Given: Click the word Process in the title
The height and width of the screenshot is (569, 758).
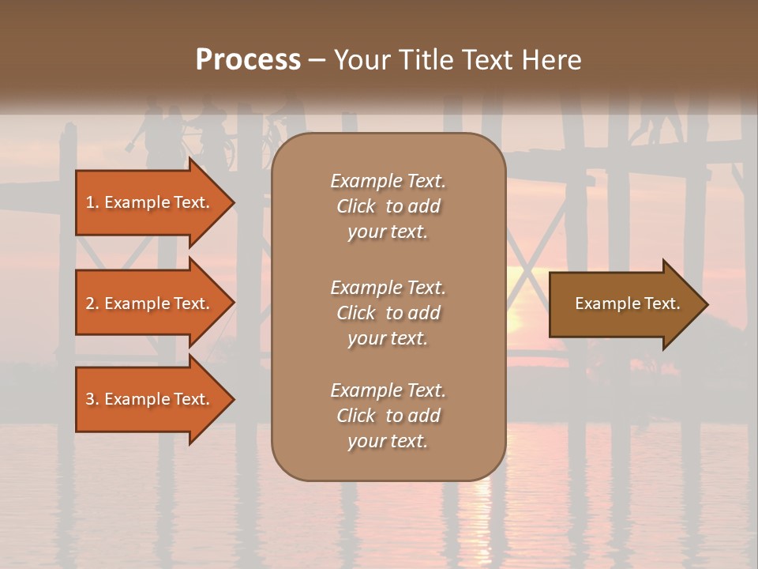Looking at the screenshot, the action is click(x=248, y=60).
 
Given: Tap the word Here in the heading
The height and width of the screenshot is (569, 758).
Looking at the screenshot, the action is click(x=550, y=60).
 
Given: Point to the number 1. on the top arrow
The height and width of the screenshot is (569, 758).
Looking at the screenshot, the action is click(x=92, y=202).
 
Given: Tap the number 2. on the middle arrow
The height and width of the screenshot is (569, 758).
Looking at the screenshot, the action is click(x=92, y=303).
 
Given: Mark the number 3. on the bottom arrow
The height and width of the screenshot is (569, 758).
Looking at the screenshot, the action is click(x=92, y=399).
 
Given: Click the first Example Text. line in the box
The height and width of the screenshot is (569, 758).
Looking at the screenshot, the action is click(x=388, y=181).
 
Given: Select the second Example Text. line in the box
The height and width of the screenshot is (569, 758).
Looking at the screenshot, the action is click(x=388, y=288).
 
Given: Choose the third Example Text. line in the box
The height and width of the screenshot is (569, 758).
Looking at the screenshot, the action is click(x=388, y=390).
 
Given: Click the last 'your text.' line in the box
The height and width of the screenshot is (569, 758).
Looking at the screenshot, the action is click(x=388, y=442).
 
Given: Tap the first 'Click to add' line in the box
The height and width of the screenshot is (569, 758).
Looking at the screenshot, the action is click(x=388, y=206).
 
